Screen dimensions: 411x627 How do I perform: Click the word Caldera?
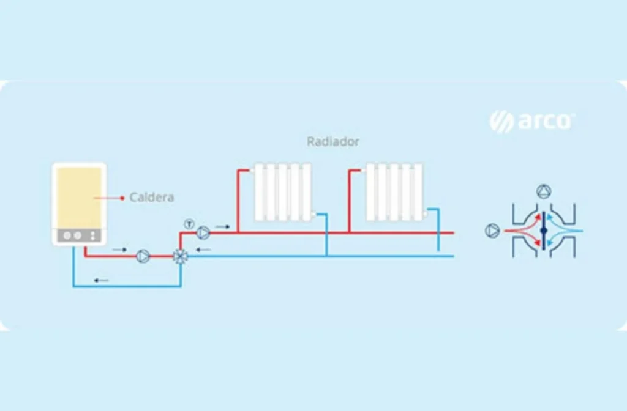152,198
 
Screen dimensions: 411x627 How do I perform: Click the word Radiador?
332,142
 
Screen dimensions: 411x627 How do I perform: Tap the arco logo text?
544,121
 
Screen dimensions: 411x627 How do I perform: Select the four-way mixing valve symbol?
181,256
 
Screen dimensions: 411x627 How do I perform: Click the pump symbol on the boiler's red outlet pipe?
143,256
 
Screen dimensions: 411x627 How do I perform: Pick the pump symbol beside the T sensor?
203,232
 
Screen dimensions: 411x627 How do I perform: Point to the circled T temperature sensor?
189,222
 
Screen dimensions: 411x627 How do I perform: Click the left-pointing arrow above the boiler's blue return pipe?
101,280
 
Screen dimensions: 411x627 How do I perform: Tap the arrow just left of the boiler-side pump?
120,250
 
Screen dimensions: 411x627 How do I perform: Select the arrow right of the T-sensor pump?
222,227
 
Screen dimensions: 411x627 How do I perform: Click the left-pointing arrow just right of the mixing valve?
204,250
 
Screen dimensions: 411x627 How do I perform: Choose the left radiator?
282,191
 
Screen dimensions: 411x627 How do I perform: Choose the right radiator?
394,191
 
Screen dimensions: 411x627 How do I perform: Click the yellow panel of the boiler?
79,196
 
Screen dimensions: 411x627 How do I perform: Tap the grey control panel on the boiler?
79,236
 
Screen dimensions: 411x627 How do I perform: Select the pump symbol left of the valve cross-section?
492,231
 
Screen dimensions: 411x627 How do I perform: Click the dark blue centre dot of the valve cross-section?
544,231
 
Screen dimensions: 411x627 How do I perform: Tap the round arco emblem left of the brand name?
501,121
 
